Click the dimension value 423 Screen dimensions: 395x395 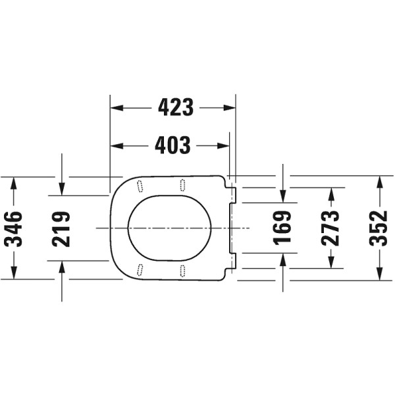pyautogui.click(x=176, y=107)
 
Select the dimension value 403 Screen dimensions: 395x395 pyautogui.click(x=172, y=145)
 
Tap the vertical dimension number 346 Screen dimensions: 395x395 pyautogui.click(x=13, y=228)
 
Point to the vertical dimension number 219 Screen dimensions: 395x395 pyautogui.click(x=62, y=228)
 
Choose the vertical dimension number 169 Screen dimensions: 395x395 pyautogui.click(x=282, y=228)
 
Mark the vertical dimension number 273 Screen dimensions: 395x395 pyautogui.click(x=331, y=228)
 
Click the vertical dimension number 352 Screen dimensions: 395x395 pyautogui.click(x=379, y=228)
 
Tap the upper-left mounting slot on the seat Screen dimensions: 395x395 pyautogui.click(x=140, y=186)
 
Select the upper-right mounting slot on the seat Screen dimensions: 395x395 pyautogui.click(x=182, y=184)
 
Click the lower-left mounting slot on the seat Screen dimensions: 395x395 pyautogui.click(x=140, y=269)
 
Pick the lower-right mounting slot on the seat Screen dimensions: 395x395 pyautogui.click(x=182, y=270)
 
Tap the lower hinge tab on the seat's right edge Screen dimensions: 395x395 pyautogui.click(x=232, y=261)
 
